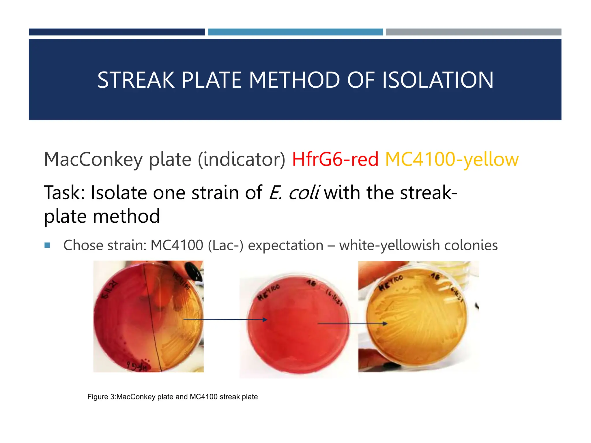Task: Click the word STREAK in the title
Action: [x=136, y=80]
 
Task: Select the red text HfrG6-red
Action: [x=335, y=159]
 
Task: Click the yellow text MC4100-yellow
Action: [x=452, y=159]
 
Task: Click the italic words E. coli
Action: [x=294, y=193]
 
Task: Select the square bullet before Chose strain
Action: [x=48, y=245]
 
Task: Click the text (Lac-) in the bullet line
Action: [x=225, y=245]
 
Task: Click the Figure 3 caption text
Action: [x=172, y=397]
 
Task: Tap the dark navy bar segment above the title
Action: [x=117, y=32]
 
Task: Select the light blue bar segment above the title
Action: [x=295, y=32]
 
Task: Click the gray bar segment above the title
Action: [x=474, y=32]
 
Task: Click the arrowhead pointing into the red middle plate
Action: [x=265, y=320]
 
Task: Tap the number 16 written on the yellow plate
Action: [x=435, y=277]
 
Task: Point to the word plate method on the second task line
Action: [x=102, y=216]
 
